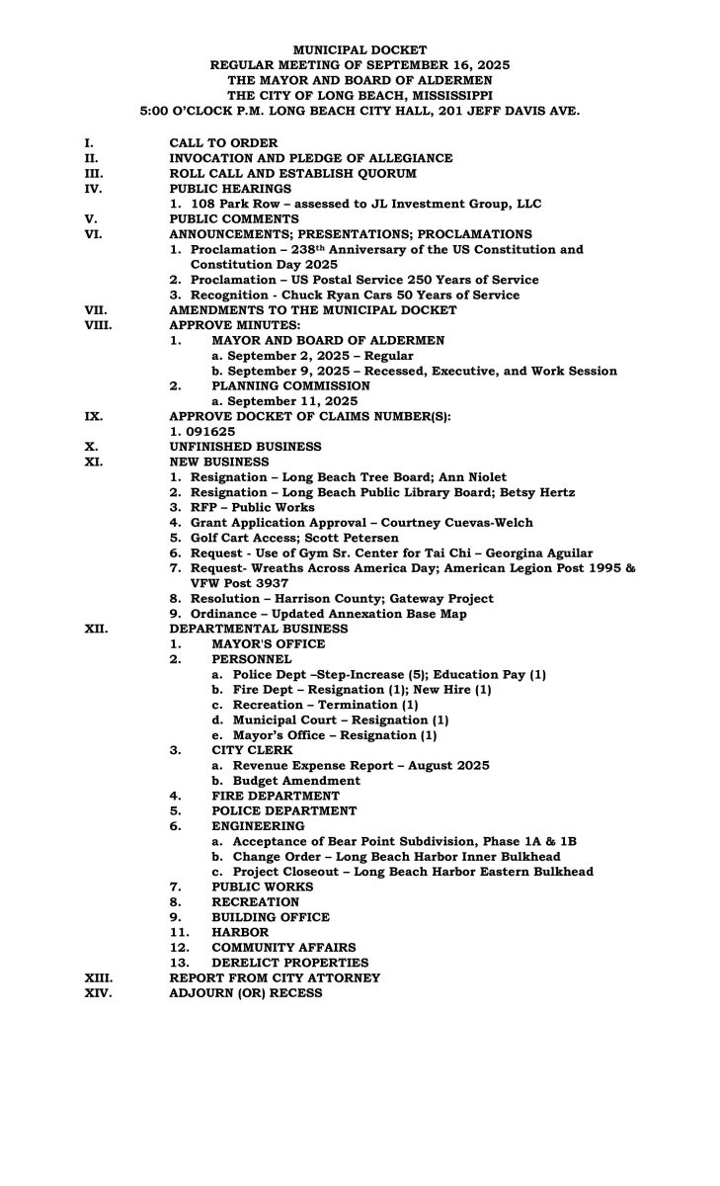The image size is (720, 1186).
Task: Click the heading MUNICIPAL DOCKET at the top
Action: pyautogui.click(x=360, y=49)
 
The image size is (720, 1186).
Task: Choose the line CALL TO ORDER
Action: pyautogui.click(x=223, y=143)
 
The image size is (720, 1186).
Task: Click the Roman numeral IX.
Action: pyautogui.click(x=93, y=417)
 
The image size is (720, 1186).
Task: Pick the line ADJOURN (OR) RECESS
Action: pyautogui.click(x=246, y=993)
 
